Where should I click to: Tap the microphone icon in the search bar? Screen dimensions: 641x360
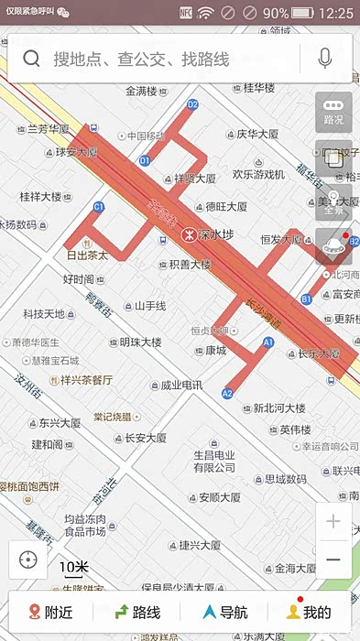[324, 59]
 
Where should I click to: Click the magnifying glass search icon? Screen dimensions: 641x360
[32, 60]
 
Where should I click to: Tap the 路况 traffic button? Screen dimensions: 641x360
[333, 110]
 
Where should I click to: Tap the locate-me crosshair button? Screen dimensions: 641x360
[27, 560]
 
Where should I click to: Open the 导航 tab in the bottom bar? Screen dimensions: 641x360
[224, 612]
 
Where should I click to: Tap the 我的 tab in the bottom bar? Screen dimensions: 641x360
[309, 612]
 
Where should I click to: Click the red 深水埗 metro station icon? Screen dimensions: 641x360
[188, 234]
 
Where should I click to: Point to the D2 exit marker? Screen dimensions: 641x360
[192, 104]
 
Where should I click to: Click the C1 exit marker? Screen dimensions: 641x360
[99, 208]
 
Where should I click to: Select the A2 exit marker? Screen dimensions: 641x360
[227, 393]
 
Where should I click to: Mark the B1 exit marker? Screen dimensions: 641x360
[306, 299]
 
